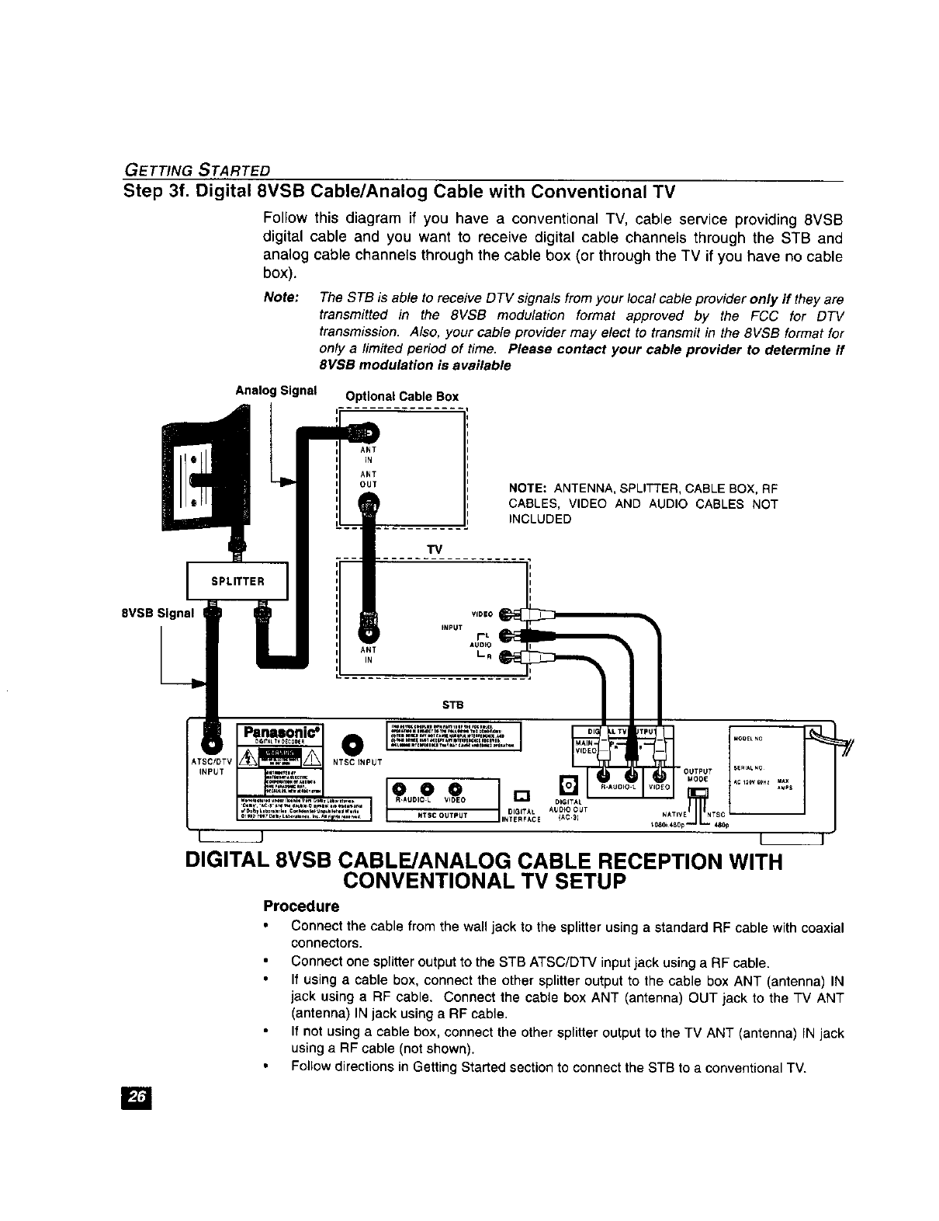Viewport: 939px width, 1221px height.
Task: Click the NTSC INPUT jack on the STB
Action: point(353,743)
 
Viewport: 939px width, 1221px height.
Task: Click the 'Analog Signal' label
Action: point(276,390)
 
